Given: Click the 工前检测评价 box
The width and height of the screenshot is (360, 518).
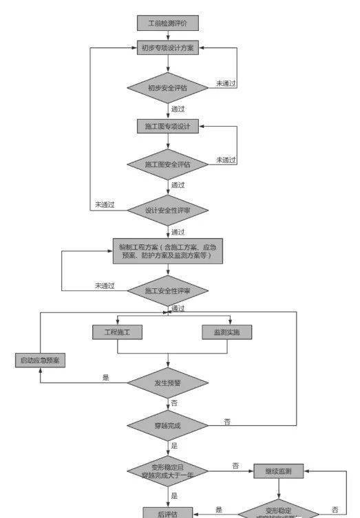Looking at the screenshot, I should (167, 23).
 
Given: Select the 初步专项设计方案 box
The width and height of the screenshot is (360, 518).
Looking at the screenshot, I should (167, 48).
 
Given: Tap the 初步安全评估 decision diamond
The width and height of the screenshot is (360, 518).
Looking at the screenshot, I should (167, 87).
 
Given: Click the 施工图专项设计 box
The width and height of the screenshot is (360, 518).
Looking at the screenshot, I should (167, 127).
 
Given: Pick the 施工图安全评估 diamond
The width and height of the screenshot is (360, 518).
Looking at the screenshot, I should (167, 164).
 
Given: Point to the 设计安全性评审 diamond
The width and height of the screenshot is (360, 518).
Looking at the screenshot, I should (167, 210).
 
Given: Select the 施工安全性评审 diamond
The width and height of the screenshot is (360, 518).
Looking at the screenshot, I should (167, 291).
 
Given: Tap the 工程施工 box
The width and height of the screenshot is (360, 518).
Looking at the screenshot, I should (117, 332).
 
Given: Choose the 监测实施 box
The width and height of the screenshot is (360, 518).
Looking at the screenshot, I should (227, 332).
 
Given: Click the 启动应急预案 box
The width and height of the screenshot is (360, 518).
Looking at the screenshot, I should (40, 360).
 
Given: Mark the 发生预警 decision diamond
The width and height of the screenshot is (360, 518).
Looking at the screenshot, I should (167, 382).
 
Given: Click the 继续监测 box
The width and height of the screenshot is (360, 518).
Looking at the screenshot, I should (278, 471).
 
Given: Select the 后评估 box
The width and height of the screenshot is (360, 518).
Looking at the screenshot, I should (167, 512).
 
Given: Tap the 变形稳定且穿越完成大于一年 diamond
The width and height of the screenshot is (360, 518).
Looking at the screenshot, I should (167, 471).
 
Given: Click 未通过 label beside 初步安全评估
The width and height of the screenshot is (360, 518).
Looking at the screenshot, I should (226, 83).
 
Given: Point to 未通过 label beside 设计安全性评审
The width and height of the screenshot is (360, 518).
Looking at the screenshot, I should (105, 204).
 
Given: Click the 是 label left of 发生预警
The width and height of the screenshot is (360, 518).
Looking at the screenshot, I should (106, 377).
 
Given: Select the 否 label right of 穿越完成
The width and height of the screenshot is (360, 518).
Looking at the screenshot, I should (227, 420).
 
